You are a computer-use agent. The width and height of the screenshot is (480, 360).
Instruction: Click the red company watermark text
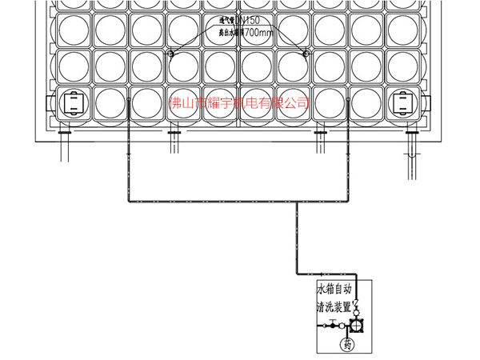tap(240, 103)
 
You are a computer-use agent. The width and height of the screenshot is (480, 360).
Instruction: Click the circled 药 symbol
tap(348, 345)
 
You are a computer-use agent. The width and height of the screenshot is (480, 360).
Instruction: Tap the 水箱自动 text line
tap(336, 289)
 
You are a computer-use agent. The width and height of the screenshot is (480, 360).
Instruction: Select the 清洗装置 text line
tap(336, 306)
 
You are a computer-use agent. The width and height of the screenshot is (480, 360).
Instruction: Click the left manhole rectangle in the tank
tap(73, 103)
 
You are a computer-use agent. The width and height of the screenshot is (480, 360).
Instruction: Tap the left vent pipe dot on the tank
tap(170, 54)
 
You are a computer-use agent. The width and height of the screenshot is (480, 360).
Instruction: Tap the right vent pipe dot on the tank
tap(305, 54)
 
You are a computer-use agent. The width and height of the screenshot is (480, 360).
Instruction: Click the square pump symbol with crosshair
tap(357, 326)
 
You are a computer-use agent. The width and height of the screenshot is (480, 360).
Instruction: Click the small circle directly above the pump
tap(357, 311)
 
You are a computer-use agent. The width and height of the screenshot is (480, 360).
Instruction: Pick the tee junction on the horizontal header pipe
tap(297, 202)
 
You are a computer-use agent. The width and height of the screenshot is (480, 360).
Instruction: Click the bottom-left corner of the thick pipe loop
tap(126, 202)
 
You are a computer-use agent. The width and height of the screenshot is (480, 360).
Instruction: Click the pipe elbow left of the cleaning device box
tap(297, 272)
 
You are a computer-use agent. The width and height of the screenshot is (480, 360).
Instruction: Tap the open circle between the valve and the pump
tap(342, 326)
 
